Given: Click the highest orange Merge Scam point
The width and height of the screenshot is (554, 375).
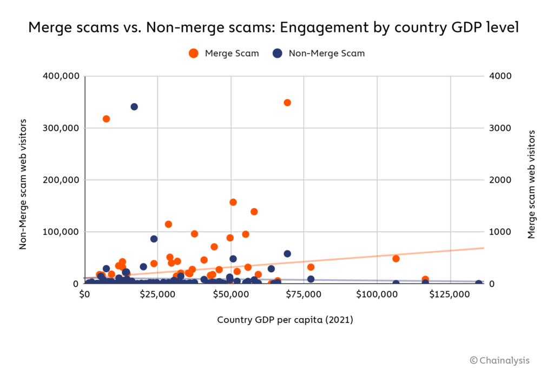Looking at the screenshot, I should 287,102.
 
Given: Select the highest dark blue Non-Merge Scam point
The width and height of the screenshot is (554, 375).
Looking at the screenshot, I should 134,107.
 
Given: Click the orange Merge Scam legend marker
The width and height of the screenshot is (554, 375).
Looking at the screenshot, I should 194,53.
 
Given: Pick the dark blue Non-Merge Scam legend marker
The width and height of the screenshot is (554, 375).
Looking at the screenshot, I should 278,53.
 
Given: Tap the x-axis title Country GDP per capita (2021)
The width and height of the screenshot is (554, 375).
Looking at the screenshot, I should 285,320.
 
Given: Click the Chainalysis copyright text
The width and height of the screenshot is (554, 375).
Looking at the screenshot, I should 499,360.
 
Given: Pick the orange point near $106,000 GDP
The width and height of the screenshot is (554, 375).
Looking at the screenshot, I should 396,259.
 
